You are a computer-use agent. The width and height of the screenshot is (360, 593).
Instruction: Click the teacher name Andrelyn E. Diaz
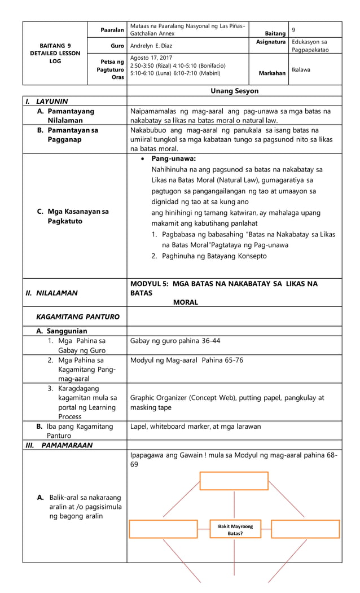click(x=154, y=46)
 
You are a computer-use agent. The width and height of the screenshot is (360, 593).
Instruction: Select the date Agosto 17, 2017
click(x=152, y=58)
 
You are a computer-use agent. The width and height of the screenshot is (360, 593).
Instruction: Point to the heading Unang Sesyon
click(x=234, y=91)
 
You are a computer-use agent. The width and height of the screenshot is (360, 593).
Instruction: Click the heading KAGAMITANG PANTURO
click(x=78, y=317)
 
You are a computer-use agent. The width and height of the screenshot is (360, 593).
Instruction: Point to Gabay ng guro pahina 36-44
click(x=175, y=341)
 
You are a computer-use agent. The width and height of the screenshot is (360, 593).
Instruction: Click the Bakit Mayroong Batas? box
click(x=235, y=529)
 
